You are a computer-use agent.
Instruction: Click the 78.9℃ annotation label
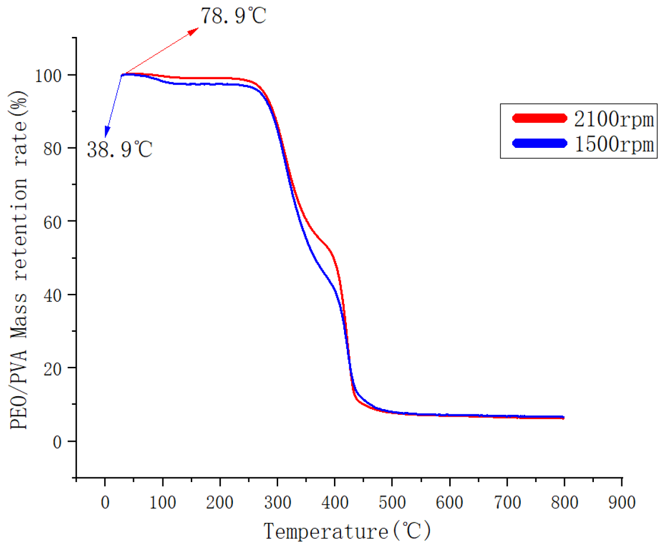233,16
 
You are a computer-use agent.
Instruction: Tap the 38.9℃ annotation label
120,149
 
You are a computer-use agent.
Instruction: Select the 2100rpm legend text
614,119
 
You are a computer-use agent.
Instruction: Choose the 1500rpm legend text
614,144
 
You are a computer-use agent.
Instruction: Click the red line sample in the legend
540,118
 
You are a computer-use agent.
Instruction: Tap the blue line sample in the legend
540,143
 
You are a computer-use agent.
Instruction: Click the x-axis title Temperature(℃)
347,531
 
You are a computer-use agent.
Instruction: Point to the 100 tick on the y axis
48,75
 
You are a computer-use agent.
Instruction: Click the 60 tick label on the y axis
52,222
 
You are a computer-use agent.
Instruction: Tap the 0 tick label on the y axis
57,442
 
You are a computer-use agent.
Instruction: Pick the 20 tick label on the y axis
52,369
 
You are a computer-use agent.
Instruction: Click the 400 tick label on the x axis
335,502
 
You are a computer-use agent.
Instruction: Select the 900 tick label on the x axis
622,502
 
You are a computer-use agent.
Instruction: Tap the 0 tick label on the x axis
105,502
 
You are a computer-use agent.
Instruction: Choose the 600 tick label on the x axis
449,502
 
